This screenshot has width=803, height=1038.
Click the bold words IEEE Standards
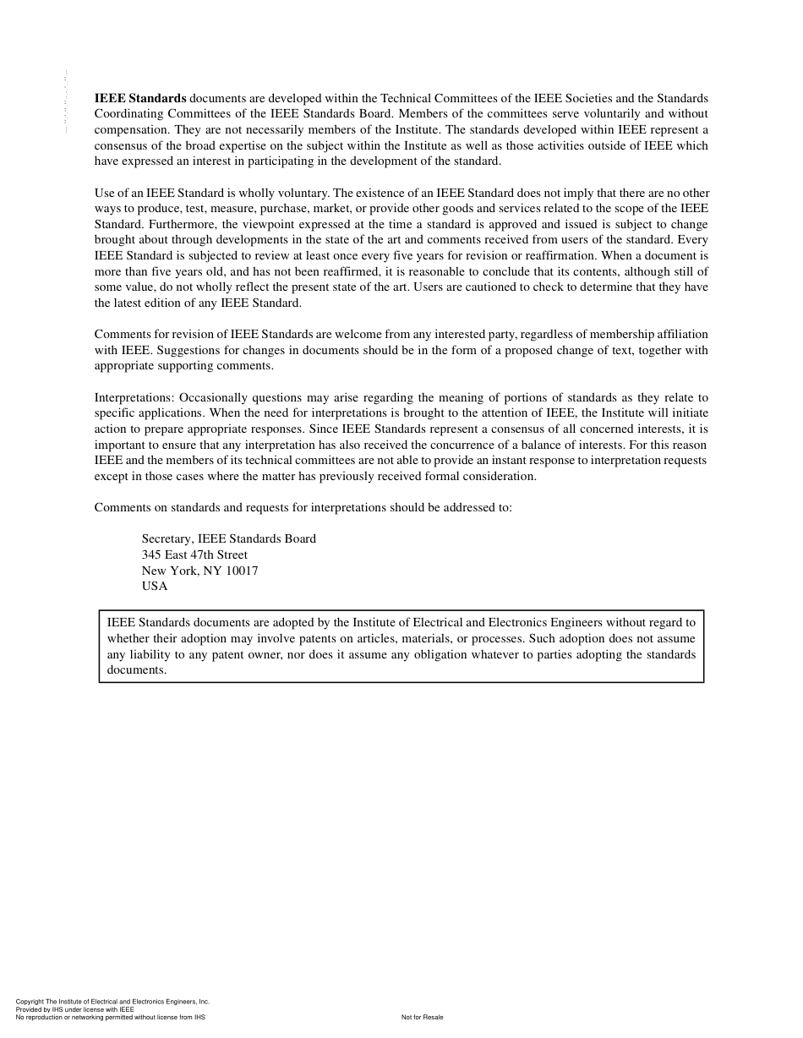pyautogui.click(x=140, y=98)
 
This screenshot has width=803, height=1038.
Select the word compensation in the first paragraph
pyautogui.click(x=131, y=129)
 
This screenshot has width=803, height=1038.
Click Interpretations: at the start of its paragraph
pyautogui.click(x=134, y=397)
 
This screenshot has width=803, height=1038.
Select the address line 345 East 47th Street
pyautogui.click(x=194, y=555)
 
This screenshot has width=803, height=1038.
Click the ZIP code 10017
pyautogui.click(x=241, y=571)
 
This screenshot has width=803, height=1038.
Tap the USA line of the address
pyautogui.click(x=155, y=586)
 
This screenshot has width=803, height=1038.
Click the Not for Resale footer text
pyautogui.click(x=422, y=1017)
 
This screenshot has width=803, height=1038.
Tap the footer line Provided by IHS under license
pyautogui.click(x=75, y=1009)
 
